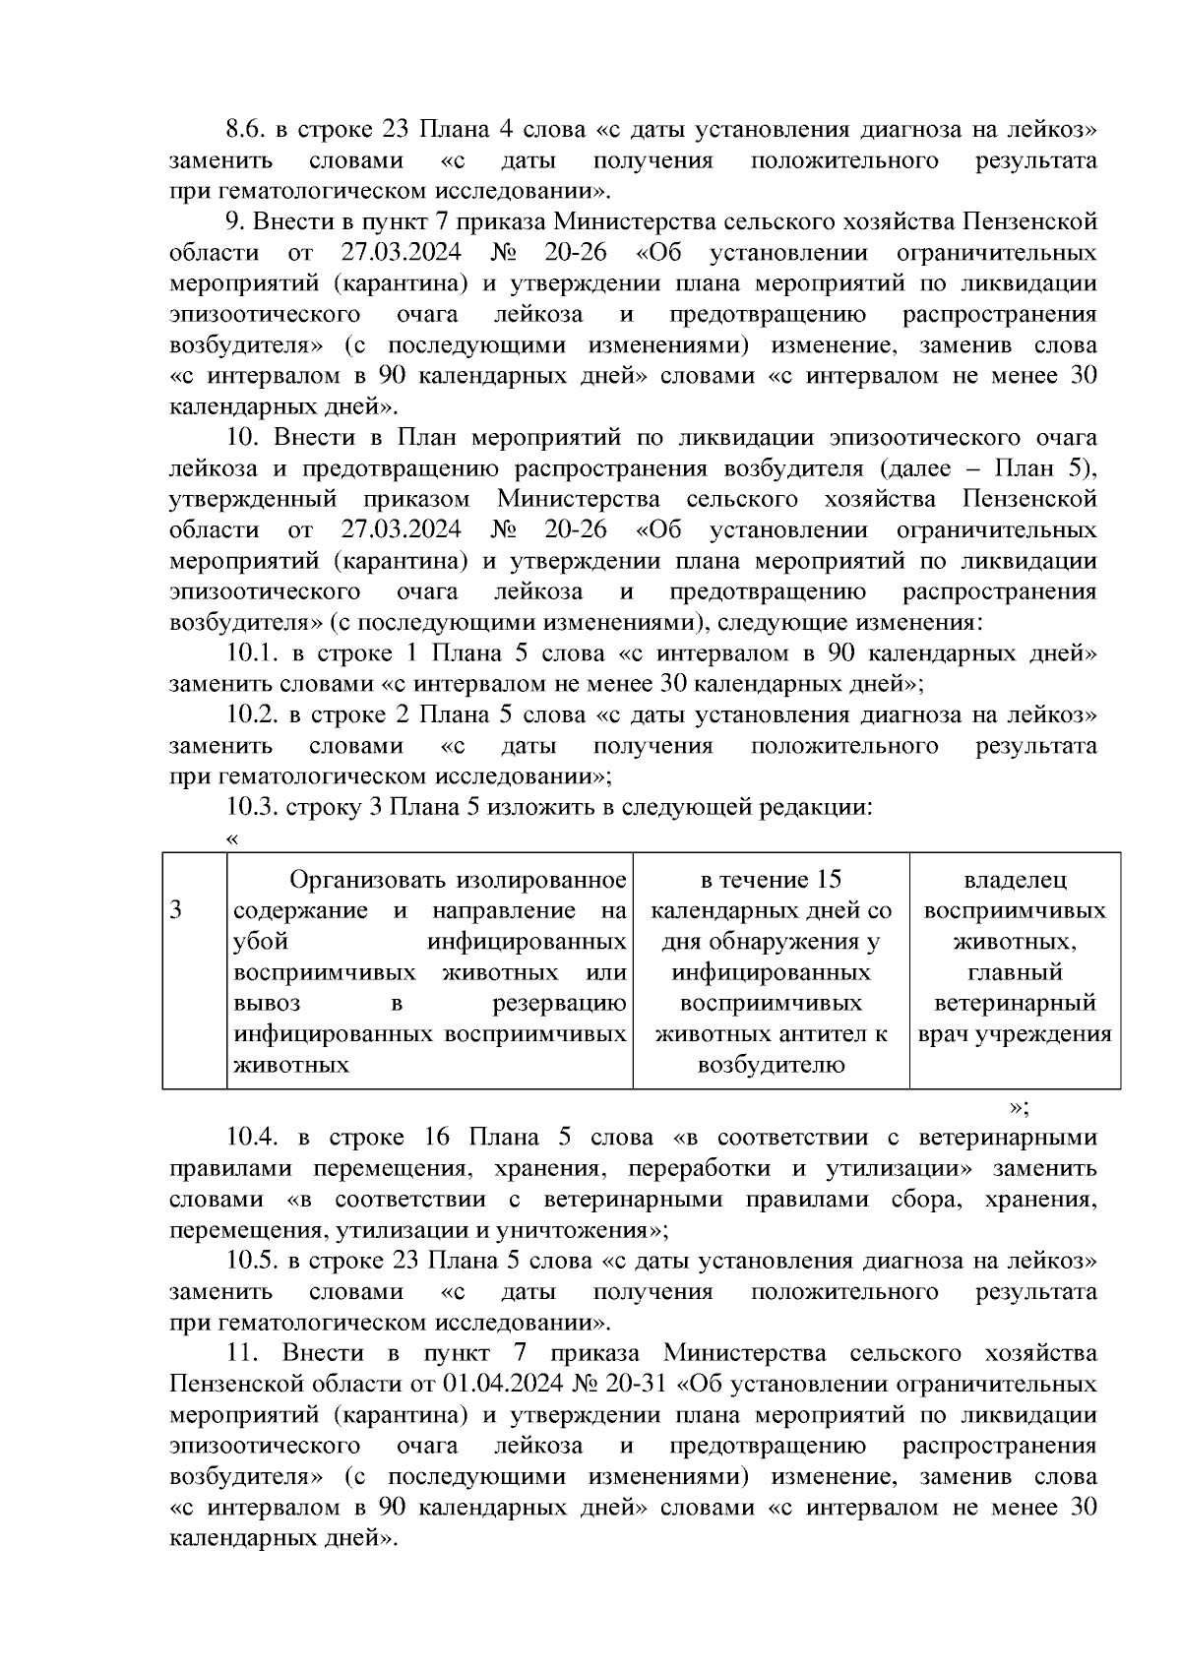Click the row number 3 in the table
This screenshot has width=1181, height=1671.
point(175,909)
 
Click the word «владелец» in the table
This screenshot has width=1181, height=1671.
point(1015,879)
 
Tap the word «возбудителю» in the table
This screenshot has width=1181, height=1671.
point(771,1065)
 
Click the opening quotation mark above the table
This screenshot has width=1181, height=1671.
point(232,838)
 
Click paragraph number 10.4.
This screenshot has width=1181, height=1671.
point(252,1138)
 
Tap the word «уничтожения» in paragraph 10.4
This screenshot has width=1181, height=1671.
point(587,1230)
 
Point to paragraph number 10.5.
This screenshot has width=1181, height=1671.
point(252,1261)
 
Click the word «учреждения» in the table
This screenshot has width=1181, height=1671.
point(1051,1034)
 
